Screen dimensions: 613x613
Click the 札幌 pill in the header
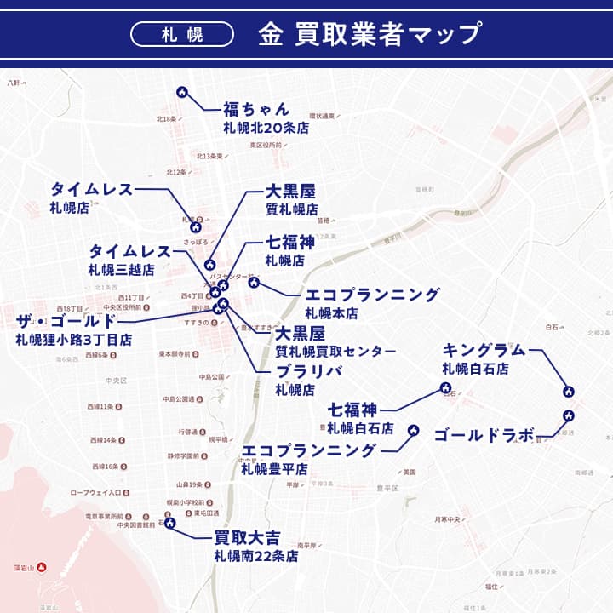pos(182,34)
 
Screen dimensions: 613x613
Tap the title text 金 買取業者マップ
pos(368,34)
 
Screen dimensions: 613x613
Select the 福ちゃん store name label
pos(256,110)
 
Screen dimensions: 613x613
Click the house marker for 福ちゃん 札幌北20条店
pos(181,92)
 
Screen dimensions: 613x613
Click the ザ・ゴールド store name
pos(66,321)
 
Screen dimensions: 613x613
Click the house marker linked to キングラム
pos(569,392)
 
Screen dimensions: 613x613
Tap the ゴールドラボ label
pos(484,435)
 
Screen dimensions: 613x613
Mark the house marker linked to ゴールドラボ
pos(568,415)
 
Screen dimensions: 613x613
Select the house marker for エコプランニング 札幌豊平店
pos(414,431)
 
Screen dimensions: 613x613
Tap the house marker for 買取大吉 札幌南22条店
pos(169,524)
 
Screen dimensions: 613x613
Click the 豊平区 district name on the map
pos(387,489)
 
